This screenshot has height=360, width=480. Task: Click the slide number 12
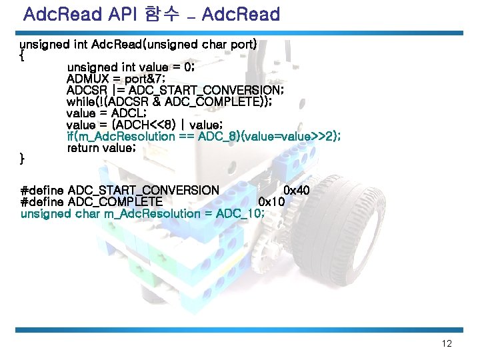[x=447, y=344]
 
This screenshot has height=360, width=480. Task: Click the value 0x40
[x=296, y=191]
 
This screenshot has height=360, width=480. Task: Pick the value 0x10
[x=271, y=202]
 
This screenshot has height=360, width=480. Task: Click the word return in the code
[x=84, y=147]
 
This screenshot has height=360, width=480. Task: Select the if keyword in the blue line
[x=71, y=136]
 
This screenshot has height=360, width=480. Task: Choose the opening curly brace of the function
[x=23, y=56]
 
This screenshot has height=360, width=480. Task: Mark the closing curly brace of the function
[x=23, y=159]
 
